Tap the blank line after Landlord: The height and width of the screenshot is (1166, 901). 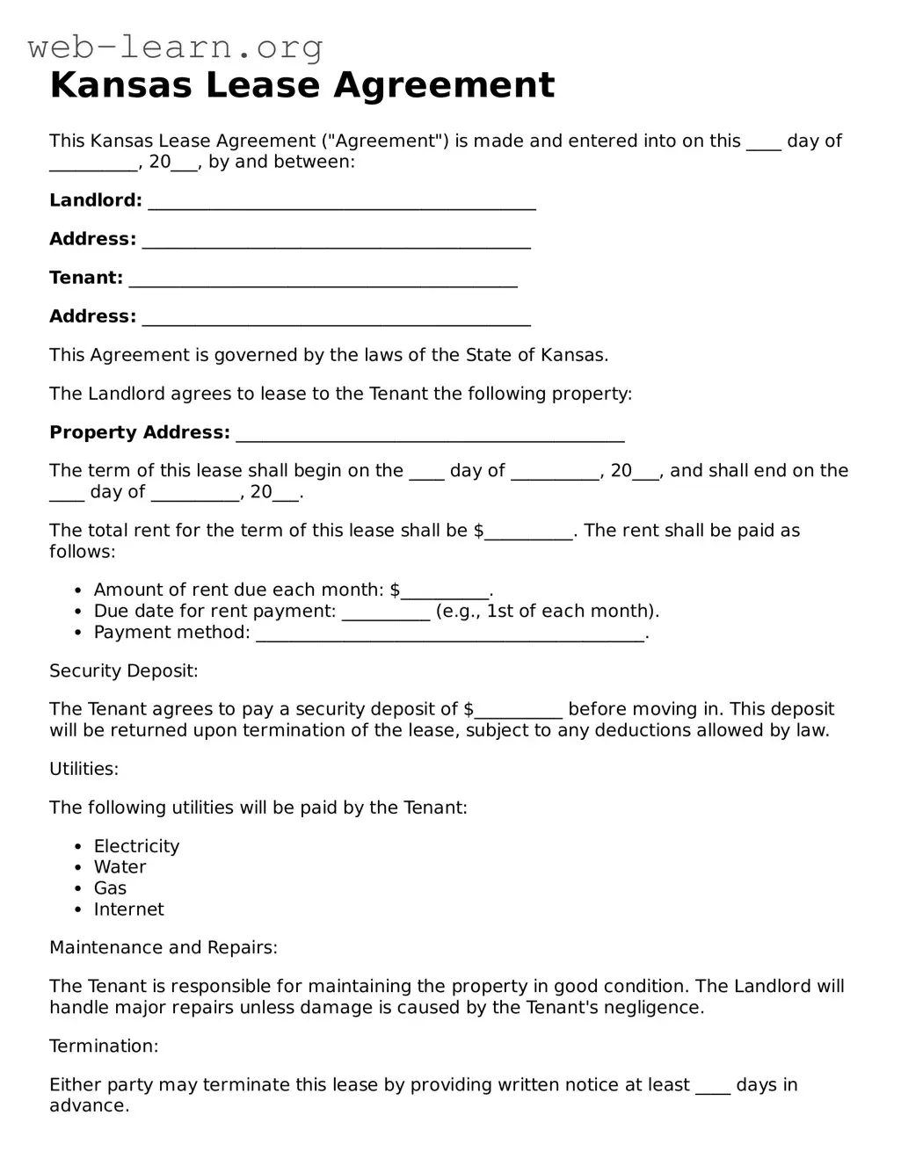tap(342, 203)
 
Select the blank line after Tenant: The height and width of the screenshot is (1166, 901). tap(323, 280)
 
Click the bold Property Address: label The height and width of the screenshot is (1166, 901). tap(139, 432)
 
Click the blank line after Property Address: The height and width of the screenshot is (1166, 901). tap(431, 435)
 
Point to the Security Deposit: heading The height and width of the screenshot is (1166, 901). tap(123, 671)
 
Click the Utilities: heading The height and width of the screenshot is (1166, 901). tap(84, 770)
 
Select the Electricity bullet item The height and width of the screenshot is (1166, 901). tap(136, 846)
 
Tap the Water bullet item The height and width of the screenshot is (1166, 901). tap(120, 867)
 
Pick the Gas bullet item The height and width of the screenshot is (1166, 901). tap(110, 888)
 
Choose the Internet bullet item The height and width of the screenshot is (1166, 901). tap(128, 909)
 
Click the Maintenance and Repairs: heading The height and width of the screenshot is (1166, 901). tap(163, 948)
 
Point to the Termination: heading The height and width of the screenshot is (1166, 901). tap(104, 1047)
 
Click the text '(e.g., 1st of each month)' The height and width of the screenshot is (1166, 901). tap(547, 612)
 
